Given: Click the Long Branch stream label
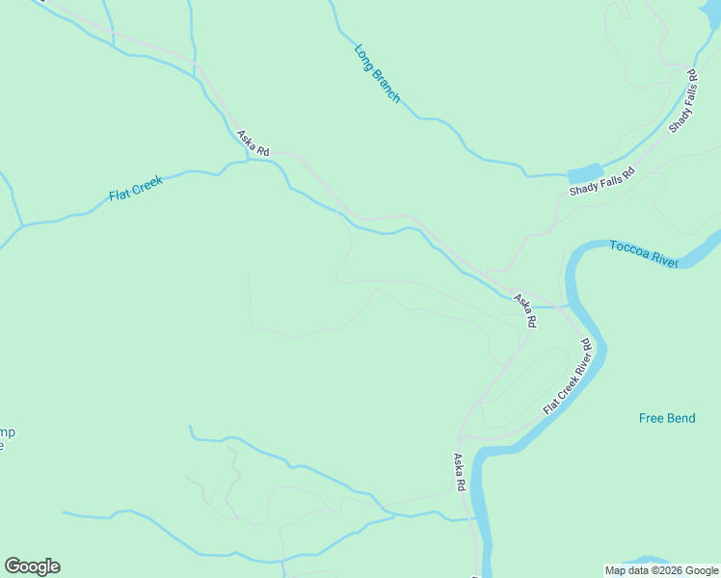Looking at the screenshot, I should (x=377, y=73).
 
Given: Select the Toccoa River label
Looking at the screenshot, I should (x=644, y=254).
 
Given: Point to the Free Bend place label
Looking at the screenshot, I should (x=666, y=418).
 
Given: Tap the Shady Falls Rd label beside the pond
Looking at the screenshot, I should (x=602, y=181).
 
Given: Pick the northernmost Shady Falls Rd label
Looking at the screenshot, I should (x=682, y=100).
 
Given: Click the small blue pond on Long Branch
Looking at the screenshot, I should (x=584, y=173).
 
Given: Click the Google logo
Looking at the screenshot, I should (x=32, y=566).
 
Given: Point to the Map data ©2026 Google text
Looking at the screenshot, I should (x=661, y=570).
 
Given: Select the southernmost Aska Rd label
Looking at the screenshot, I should (x=460, y=473).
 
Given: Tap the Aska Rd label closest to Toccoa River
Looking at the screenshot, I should (x=524, y=311).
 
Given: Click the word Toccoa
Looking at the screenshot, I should (x=628, y=250).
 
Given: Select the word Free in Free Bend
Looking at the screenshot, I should (x=652, y=418).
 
